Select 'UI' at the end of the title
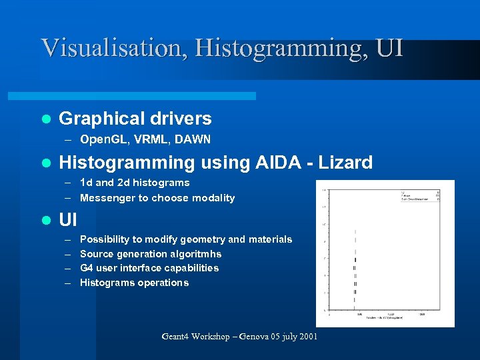(x=389, y=48)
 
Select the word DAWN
(x=196, y=139)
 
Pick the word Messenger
(x=107, y=198)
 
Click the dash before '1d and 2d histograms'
(x=69, y=183)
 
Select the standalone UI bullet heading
(x=69, y=219)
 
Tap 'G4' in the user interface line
(x=87, y=268)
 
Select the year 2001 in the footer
(x=307, y=337)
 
